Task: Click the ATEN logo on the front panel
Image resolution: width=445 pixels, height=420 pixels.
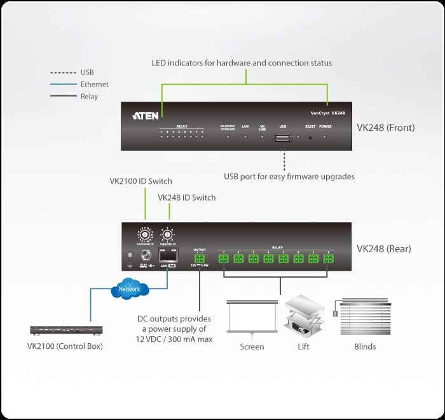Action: click(145, 116)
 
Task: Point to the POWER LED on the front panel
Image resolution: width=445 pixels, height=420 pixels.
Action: click(325, 135)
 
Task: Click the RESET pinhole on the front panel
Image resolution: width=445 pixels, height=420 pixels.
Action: click(310, 135)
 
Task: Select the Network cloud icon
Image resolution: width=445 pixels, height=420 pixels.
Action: click(129, 289)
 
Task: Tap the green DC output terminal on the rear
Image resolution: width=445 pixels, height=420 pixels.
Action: click(199, 259)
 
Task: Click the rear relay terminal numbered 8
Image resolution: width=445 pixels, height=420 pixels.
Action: click(328, 258)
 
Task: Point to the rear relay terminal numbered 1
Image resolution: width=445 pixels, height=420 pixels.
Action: click(224, 258)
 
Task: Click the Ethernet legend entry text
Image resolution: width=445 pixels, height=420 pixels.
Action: click(94, 85)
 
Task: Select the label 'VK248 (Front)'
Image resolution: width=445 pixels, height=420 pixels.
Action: click(385, 128)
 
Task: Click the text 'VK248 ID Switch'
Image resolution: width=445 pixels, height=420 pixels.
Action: click(186, 198)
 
